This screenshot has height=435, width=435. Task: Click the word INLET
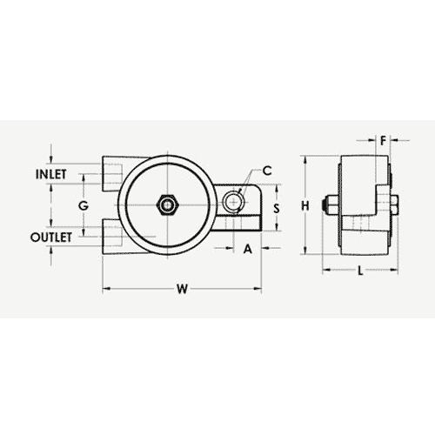(x=53, y=174)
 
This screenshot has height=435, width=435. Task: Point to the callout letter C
(x=267, y=170)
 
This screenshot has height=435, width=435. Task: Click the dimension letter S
(x=276, y=209)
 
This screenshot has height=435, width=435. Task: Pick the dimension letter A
(x=247, y=248)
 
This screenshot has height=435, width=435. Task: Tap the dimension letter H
(x=304, y=205)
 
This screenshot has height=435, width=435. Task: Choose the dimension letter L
(x=359, y=271)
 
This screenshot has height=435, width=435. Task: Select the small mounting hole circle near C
(x=231, y=203)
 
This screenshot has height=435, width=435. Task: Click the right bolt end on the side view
(x=396, y=206)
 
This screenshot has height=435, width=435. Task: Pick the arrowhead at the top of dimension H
(x=304, y=160)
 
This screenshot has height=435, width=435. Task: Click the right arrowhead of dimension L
(x=391, y=271)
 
